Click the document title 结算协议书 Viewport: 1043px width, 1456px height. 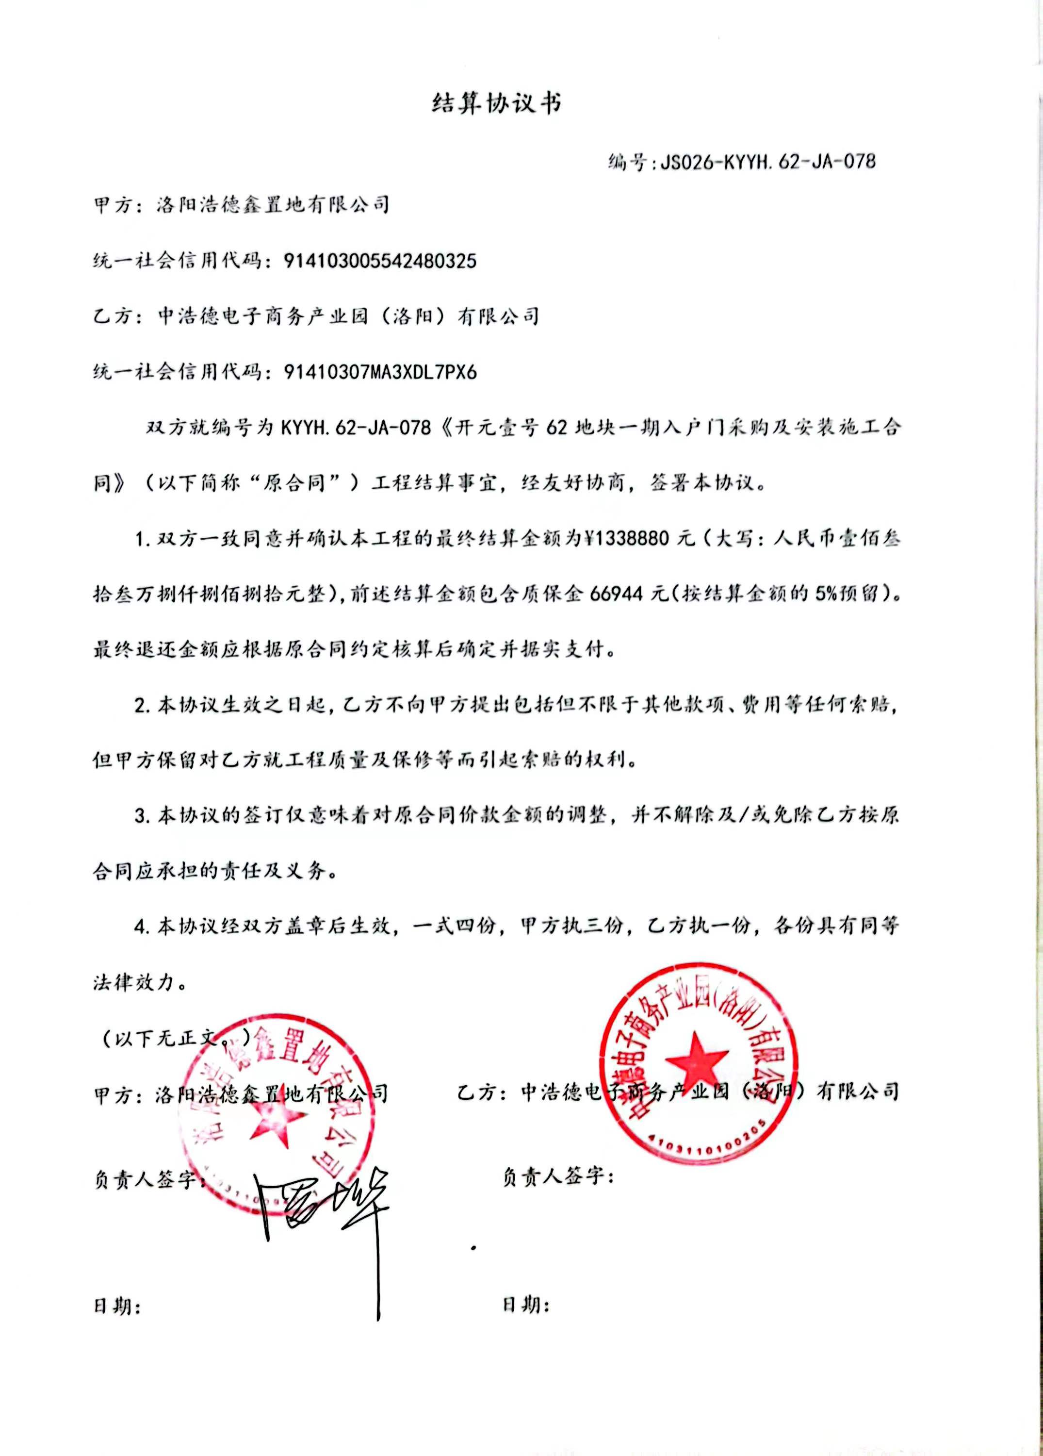(496, 103)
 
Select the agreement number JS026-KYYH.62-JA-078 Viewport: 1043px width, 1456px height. (763, 161)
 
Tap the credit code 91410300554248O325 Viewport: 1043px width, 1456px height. (380, 261)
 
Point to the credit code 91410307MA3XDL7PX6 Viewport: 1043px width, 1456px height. (380, 372)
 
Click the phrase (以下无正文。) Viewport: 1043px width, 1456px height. (177, 1038)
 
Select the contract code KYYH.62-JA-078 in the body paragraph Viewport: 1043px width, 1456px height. (356, 427)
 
